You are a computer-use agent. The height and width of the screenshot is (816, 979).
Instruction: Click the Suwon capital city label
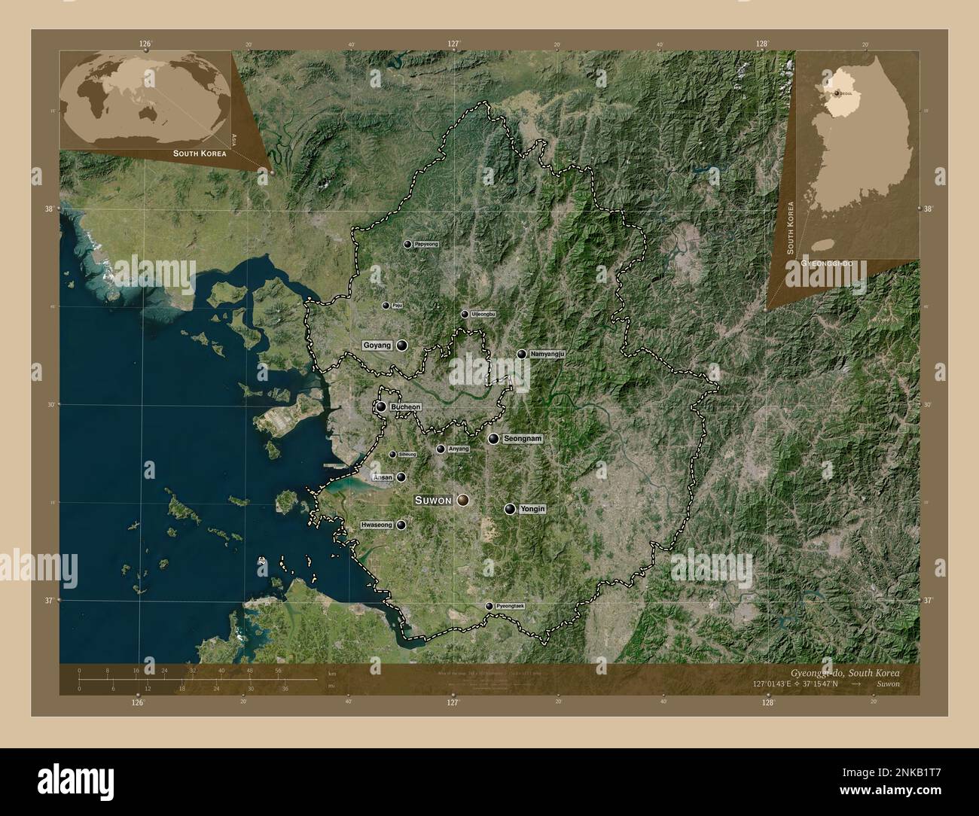[433, 500]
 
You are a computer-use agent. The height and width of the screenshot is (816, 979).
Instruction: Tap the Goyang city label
[377, 346]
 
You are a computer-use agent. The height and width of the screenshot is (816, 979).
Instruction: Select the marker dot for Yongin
[511, 510]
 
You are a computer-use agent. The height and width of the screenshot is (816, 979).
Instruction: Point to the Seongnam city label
[523, 438]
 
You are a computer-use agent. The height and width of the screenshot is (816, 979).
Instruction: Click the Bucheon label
[405, 407]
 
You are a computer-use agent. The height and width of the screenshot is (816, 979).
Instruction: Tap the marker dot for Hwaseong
[401, 525]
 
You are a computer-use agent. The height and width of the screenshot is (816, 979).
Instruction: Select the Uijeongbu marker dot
[464, 315]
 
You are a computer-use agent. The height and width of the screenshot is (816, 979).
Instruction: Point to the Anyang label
[458, 449]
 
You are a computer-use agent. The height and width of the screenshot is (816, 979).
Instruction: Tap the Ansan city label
[383, 477]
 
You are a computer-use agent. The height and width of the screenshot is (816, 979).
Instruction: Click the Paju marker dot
[386, 306]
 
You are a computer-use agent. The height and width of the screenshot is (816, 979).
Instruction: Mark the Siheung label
[407, 455]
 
